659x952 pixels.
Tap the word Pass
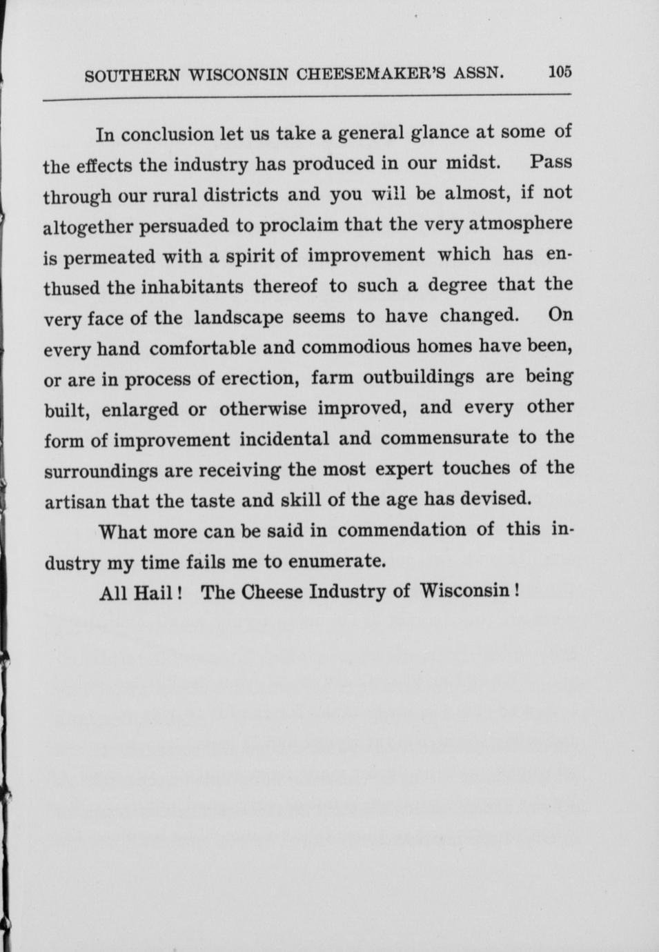[551, 163]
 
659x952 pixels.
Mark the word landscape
[238, 317]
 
